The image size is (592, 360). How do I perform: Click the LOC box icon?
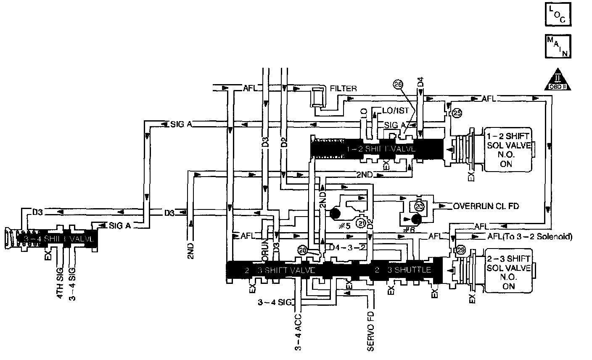pos(558,15)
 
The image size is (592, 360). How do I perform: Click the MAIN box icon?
pos(558,46)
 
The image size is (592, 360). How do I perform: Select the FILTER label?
pos(343,89)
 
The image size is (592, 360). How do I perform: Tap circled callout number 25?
pos(457,114)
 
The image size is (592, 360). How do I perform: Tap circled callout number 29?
pos(460,250)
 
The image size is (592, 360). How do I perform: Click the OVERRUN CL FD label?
pos(485,206)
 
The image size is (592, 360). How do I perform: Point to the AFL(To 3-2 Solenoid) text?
pos(529,236)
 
